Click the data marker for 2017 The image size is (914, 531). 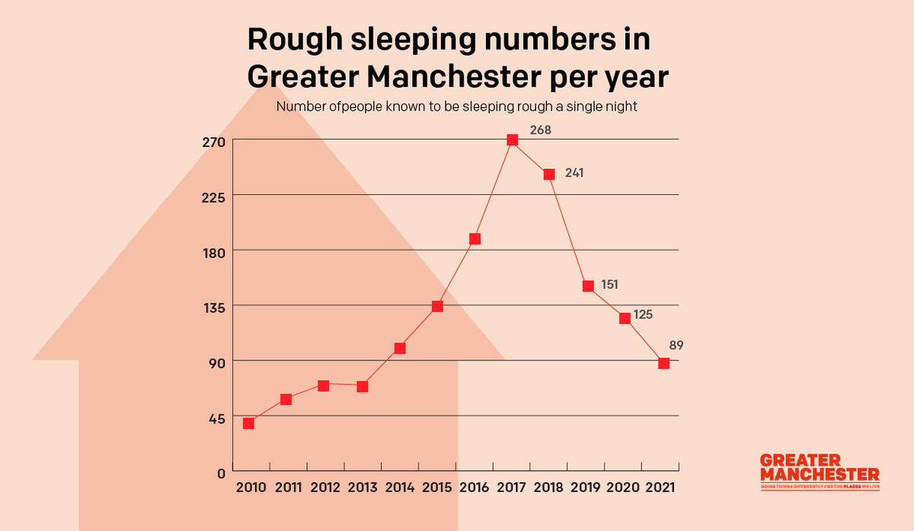point(512,140)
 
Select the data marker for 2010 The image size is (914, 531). point(248,423)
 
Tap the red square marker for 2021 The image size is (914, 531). point(663,363)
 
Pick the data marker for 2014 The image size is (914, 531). point(400,348)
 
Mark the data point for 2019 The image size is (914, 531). point(588,286)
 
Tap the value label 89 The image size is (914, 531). point(676,345)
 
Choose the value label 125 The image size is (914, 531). point(643,313)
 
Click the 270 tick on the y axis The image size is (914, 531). point(213,142)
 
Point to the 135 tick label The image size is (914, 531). point(213,307)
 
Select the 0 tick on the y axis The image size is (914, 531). point(221,472)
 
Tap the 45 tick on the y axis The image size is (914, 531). point(216,417)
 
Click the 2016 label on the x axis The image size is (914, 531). point(474,487)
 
